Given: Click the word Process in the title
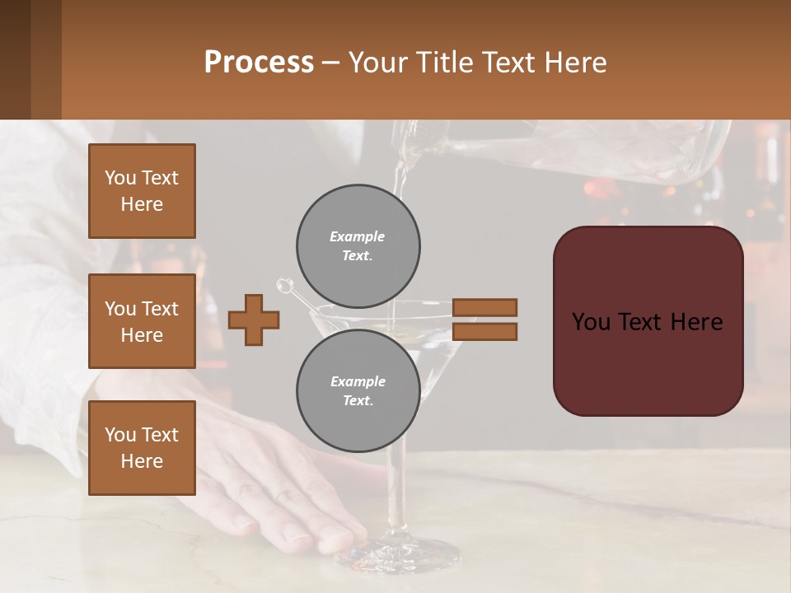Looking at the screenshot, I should point(259,62).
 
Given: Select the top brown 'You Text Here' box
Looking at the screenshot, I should point(142,191).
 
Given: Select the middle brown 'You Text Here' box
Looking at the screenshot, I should point(142,321).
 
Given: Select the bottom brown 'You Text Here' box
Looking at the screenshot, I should point(142,448).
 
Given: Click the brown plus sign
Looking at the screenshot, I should point(254,320).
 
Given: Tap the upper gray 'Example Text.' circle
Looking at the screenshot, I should point(358,245).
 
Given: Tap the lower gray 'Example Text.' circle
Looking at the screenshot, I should point(358,390).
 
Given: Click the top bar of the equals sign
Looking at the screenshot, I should point(484,307).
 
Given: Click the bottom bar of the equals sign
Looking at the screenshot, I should point(484,331).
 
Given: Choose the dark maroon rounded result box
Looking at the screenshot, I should point(648,321).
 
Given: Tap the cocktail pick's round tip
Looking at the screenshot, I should point(284,286).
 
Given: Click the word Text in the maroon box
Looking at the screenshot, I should point(648,321).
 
